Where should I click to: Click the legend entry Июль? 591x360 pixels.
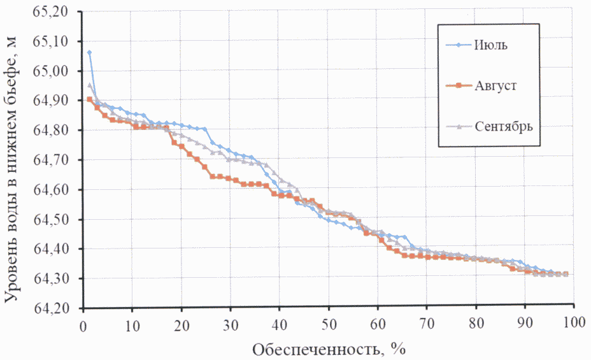pyautogui.click(x=490, y=45)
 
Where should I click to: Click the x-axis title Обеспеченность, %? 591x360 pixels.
pyautogui.click(x=329, y=349)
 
